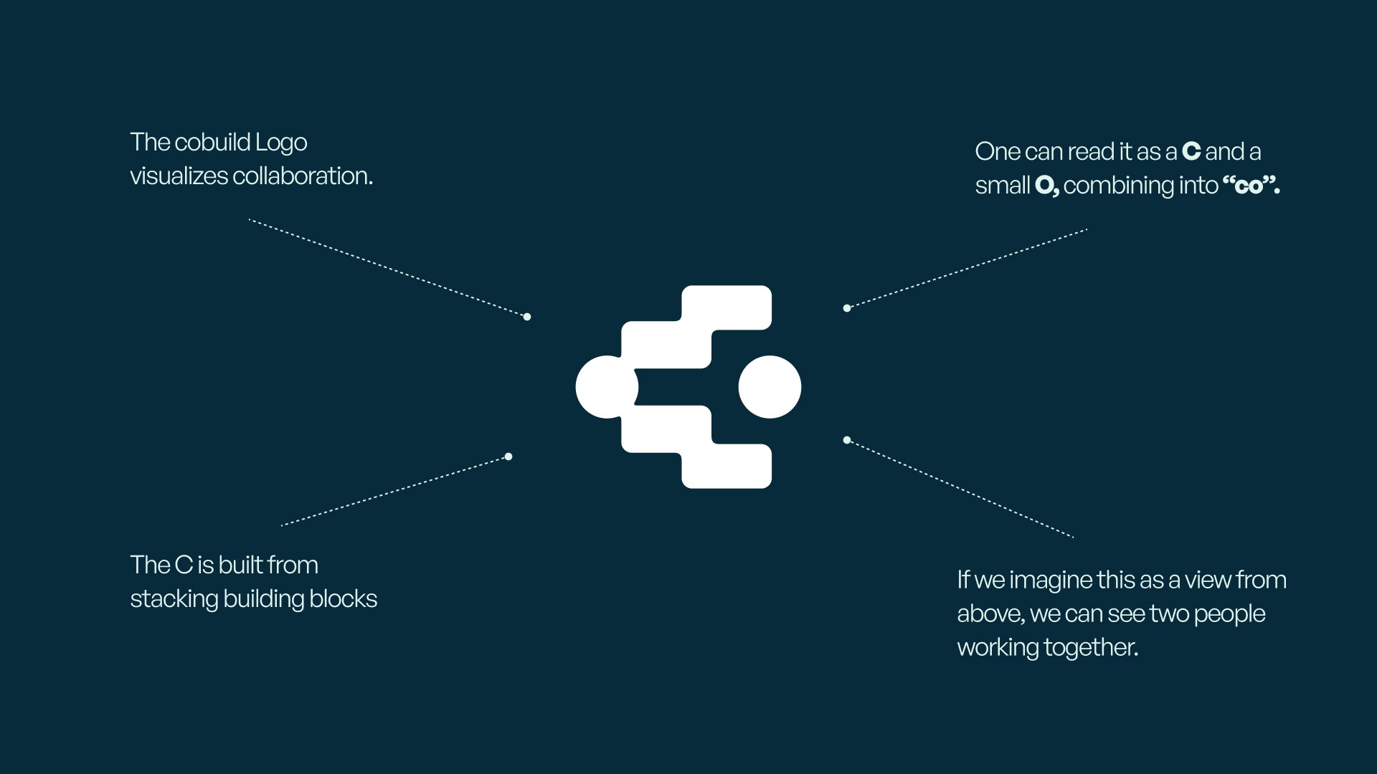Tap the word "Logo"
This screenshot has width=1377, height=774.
coord(281,143)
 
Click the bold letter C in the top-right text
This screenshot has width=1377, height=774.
coord(1191,151)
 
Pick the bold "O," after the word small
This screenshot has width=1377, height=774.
coord(1046,186)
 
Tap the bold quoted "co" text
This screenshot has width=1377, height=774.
coord(1250,186)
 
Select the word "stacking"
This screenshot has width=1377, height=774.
coord(174,598)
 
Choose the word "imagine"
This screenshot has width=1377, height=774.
coord(1050,580)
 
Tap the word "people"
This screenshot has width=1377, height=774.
coord(1229,613)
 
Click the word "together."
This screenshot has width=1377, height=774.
coord(1091,647)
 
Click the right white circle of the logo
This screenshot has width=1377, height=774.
coord(770,387)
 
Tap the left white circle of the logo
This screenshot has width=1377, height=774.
coord(602,387)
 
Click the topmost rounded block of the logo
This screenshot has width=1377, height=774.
coord(727,307)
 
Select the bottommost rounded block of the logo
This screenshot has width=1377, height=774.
coord(727,467)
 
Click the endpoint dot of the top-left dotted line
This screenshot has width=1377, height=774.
coord(527,317)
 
